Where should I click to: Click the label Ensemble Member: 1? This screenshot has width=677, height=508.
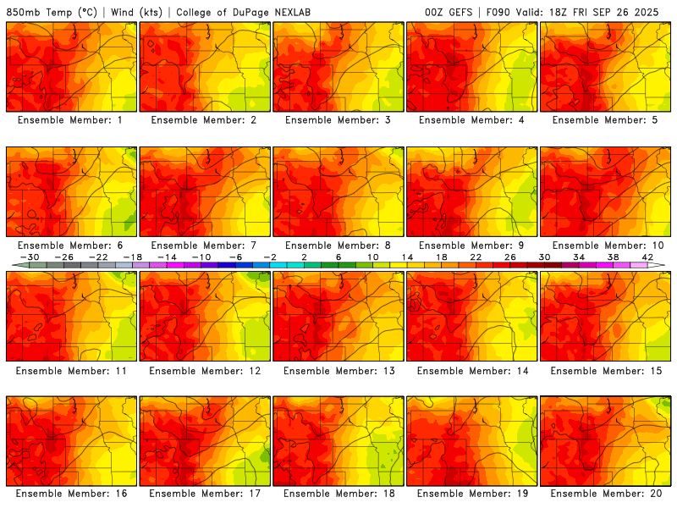(70, 120)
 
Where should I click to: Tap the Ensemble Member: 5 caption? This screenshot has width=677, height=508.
(606, 120)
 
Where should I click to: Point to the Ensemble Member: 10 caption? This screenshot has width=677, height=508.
(606, 246)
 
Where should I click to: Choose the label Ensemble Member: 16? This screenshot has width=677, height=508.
(70, 494)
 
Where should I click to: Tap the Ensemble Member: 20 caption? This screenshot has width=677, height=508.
(606, 494)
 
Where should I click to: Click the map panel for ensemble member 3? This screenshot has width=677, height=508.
(338, 67)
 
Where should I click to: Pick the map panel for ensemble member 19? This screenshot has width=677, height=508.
(472, 441)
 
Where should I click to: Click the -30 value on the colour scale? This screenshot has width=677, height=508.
(30, 257)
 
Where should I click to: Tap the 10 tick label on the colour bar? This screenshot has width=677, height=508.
(373, 257)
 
